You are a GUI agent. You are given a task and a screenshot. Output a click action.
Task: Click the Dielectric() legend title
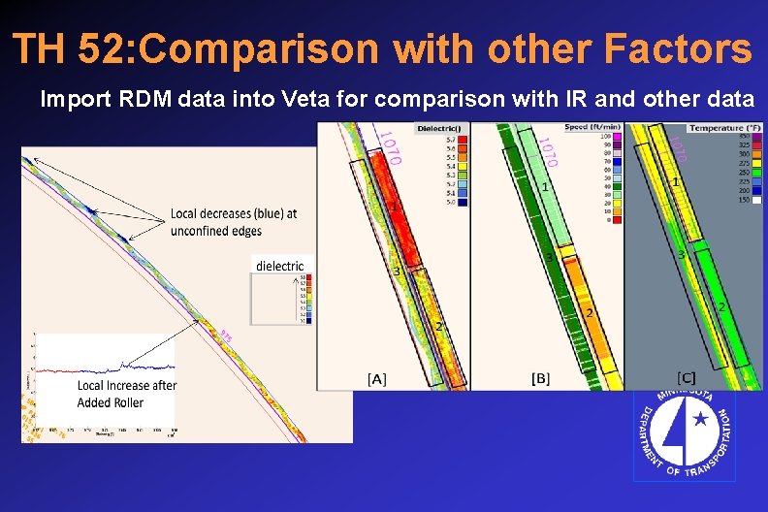439,129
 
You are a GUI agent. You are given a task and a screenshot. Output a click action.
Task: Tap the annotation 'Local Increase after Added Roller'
126,393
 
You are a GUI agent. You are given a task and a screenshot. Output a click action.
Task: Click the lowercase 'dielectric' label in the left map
279,266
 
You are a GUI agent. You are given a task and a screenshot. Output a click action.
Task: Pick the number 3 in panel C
683,254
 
